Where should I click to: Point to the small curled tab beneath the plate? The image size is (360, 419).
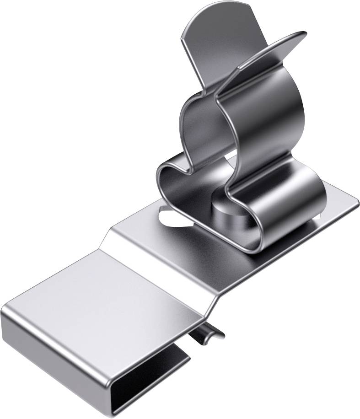(x=207, y=335)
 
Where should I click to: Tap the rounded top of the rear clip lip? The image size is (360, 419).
(x=215, y=14)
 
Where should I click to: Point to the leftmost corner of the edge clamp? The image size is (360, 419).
(x=4, y=311)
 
